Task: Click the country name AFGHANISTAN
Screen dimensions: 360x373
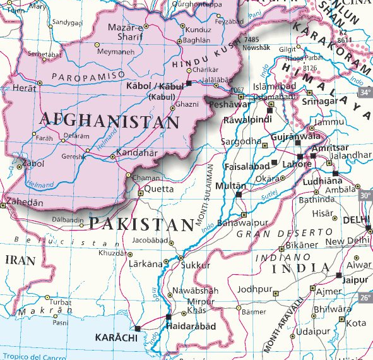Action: coord(109,120)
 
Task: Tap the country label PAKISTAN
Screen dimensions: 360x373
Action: coord(141,224)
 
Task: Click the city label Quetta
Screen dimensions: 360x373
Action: coord(159,188)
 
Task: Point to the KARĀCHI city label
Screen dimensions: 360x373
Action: coord(115,339)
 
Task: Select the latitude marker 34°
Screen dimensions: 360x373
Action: coord(365,92)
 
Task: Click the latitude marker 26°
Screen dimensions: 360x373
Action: coord(365,298)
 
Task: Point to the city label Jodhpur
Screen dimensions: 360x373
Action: coord(253,289)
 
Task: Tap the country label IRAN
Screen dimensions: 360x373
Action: coord(20,260)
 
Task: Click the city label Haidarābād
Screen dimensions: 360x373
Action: coord(190,326)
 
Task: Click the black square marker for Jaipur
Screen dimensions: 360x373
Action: coord(340,275)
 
